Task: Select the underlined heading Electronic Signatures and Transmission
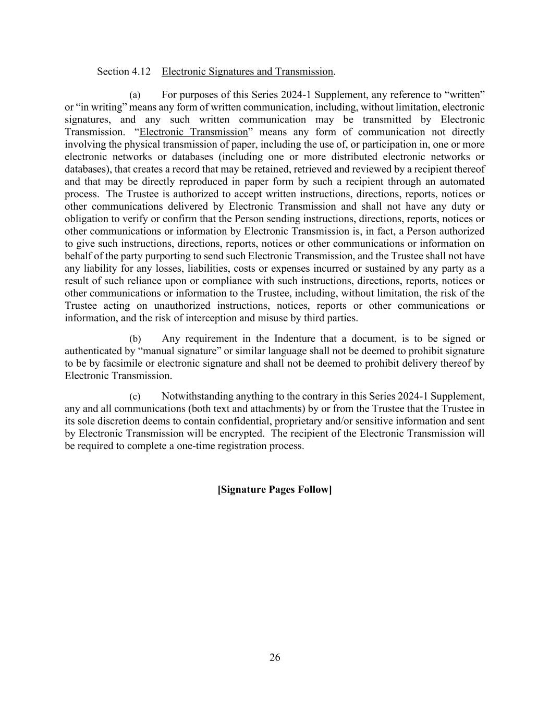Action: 247,71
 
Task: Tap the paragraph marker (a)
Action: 135,95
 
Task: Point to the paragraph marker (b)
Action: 135,339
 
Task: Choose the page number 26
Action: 275,657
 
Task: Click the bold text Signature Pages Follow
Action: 275,489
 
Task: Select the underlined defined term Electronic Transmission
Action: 193,132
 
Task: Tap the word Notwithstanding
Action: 197,396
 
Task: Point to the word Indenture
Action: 295,339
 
